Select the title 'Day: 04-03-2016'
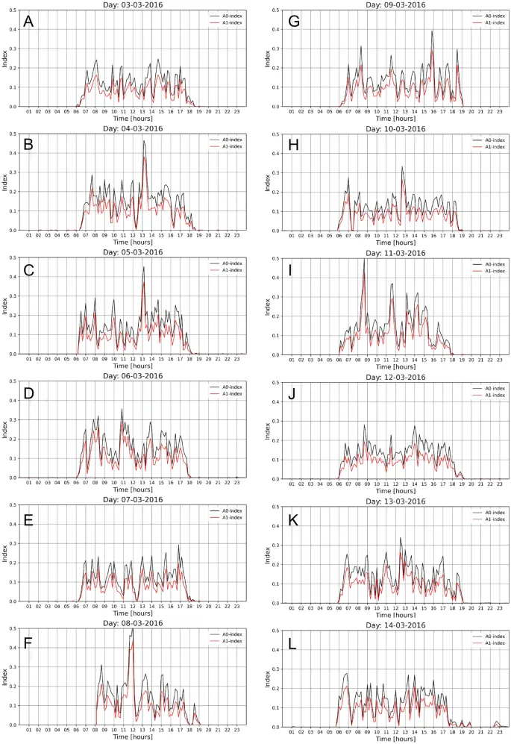pos(132,128)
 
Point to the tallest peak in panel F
pos(132,629)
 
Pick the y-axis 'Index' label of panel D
pos(6,430)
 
